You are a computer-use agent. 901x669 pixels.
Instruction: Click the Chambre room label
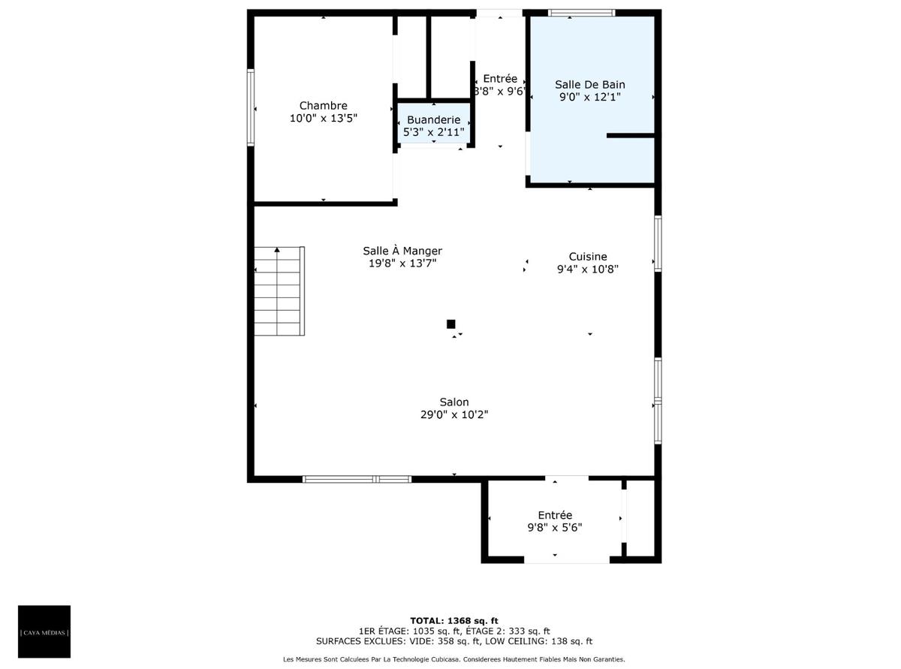323,106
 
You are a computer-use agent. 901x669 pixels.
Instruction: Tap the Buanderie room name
433,119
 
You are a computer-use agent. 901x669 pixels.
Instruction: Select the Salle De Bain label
589,85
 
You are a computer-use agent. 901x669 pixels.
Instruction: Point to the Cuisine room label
587,256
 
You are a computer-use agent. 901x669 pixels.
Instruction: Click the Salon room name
454,402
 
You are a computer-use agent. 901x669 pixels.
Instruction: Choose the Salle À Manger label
402,251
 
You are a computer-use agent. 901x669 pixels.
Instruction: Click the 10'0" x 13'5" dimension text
323,118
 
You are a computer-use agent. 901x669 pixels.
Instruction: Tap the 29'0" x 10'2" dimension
454,414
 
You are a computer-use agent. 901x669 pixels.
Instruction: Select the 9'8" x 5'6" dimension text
554,527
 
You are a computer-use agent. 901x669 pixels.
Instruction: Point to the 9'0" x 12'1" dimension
589,97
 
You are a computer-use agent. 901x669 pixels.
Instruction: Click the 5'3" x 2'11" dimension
433,132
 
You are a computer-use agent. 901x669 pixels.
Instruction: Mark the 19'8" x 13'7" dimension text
402,263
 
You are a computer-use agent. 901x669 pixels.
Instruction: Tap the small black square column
450,324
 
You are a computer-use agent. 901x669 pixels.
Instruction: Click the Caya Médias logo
44,631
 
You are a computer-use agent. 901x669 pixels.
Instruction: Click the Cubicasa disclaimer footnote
454,659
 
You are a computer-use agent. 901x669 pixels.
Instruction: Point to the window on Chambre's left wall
251,107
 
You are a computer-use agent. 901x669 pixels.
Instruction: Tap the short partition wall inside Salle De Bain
630,135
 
